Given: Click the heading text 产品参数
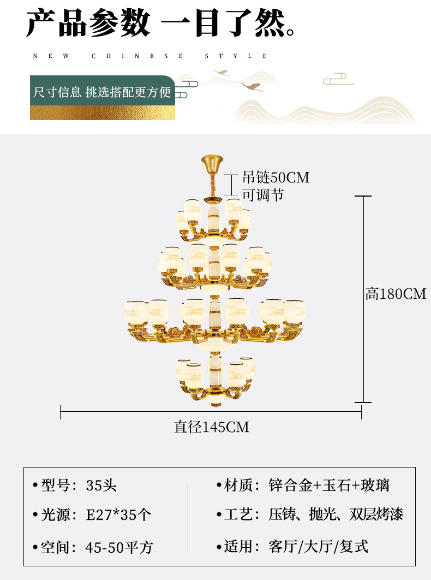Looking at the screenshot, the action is point(88,23).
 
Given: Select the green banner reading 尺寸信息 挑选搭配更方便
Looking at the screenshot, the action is point(103,91).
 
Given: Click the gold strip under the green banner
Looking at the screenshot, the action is point(103,113).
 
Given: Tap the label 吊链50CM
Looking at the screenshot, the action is point(276,177).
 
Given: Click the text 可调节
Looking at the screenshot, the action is point(263,195).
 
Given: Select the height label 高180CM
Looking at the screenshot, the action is point(396,294).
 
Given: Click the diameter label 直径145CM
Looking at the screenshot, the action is point(212,427).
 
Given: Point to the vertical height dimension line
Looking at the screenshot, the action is point(363,299).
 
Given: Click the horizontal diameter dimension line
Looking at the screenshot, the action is point(211,411).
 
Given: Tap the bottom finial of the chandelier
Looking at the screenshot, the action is point(216,404).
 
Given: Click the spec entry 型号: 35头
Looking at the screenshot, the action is point(75,486).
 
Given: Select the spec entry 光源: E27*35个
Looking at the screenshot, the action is point(92,514).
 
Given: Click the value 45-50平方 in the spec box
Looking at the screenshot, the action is point(119,547).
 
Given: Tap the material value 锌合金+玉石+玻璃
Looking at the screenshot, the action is point(329,486).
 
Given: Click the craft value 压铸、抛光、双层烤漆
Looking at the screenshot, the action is point(336,514).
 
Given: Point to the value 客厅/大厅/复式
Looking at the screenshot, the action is point(319,546).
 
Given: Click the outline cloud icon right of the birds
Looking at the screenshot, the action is point(338,79).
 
